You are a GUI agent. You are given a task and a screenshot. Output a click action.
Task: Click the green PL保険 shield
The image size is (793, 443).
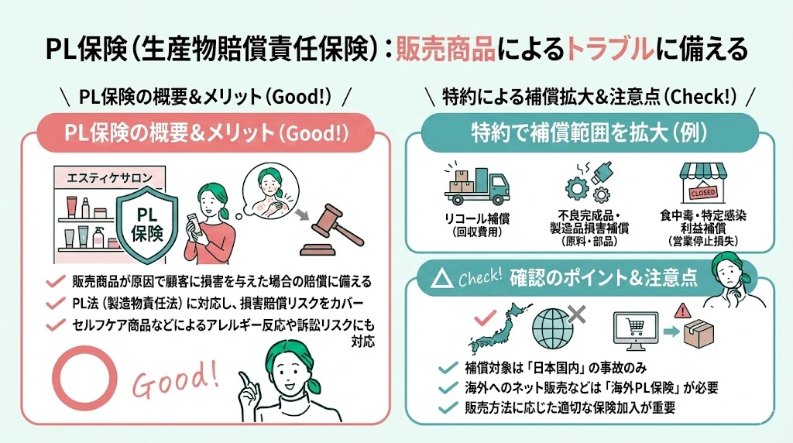(147, 221)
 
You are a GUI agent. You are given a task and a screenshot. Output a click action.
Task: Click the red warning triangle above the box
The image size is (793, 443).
(682, 311)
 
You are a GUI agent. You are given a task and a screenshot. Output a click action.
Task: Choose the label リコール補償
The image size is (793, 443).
(474, 217)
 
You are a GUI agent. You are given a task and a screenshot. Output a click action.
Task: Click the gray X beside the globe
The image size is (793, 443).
(575, 314)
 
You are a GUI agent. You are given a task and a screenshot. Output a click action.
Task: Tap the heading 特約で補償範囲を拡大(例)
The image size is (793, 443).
(589, 133)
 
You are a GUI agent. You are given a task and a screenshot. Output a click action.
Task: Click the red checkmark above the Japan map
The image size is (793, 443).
(486, 314)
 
